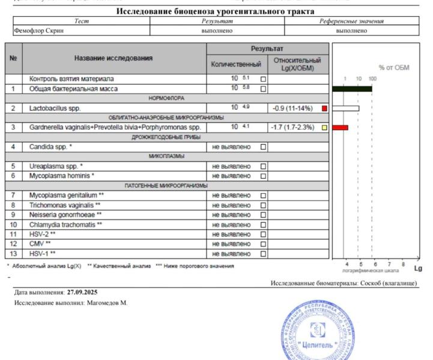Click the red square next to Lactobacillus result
pyautogui.click(x=324, y=109)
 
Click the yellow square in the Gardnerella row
pyautogui.click(x=324, y=128)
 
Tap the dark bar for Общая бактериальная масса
pyautogui.click(x=352, y=89)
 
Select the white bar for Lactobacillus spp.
pyautogui.click(x=345, y=109)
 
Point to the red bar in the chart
pyautogui.click(x=340, y=128)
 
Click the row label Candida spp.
pyautogui.click(x=51, y=147)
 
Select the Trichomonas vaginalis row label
pyautogui.click(x=65, y=205)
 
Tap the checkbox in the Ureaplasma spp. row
pyautogui.click(x=263, y=166)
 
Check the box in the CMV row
pyautogui.click(x=263, y=244)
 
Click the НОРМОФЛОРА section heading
pyautogui.click(x=167, y=98)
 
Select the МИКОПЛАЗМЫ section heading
pyautogui.click(x=166, y=157)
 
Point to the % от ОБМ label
pyautogui.click(x=393, y=68)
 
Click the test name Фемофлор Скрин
pyautogui.click(x=38, y=31)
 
